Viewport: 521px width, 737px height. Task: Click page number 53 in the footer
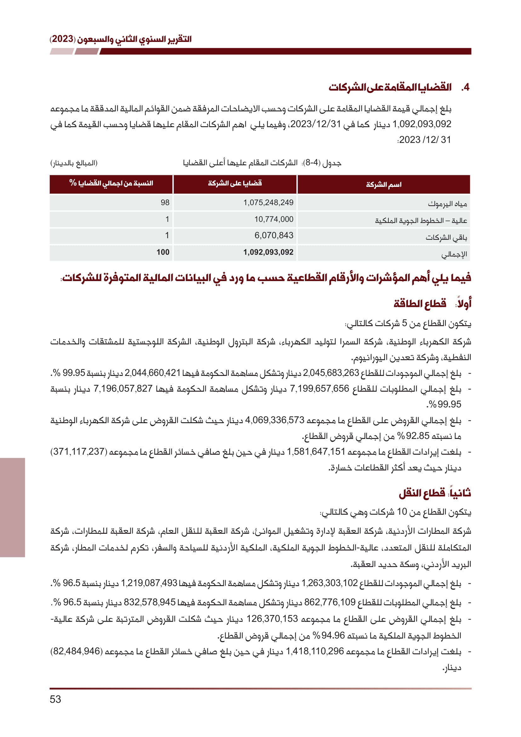click(x=55, y=699)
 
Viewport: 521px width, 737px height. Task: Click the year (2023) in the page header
click(x=63, y=39)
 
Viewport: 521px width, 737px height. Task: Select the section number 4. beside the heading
click(x=465, y=87)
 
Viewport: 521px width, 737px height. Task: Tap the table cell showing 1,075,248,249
click(x=268, y=203)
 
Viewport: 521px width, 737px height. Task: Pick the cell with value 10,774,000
click(x=274, y=219)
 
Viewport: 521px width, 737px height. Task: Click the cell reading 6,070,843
click(x=274, y=235)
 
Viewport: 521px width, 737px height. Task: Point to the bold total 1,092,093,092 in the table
click(x=268, y=252)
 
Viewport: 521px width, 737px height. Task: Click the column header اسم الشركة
click(x=384, y=185)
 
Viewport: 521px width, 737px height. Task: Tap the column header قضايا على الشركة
click(x=235, y=183)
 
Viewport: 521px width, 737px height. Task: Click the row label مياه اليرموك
click(x=447, y=204)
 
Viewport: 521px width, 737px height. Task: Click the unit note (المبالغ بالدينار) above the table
click(x=74, y=163)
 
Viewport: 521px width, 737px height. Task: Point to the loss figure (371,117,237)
click(x=79, y=452)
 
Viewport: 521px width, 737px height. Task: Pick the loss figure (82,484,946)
click(x=76, y=651)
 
